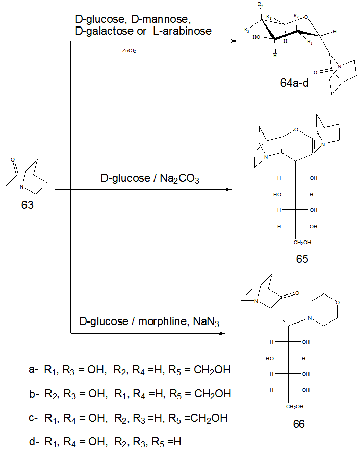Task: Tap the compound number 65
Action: pos(302,259)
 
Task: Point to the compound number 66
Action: pos(299,424)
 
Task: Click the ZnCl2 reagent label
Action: pos(128,51)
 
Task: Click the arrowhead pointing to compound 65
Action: pos(227,190)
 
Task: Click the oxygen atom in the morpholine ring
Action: pos(337,303)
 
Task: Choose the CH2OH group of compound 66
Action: pos(294,406)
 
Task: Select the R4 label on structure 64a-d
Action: pos(262,5)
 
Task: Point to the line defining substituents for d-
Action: pos(105,442)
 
